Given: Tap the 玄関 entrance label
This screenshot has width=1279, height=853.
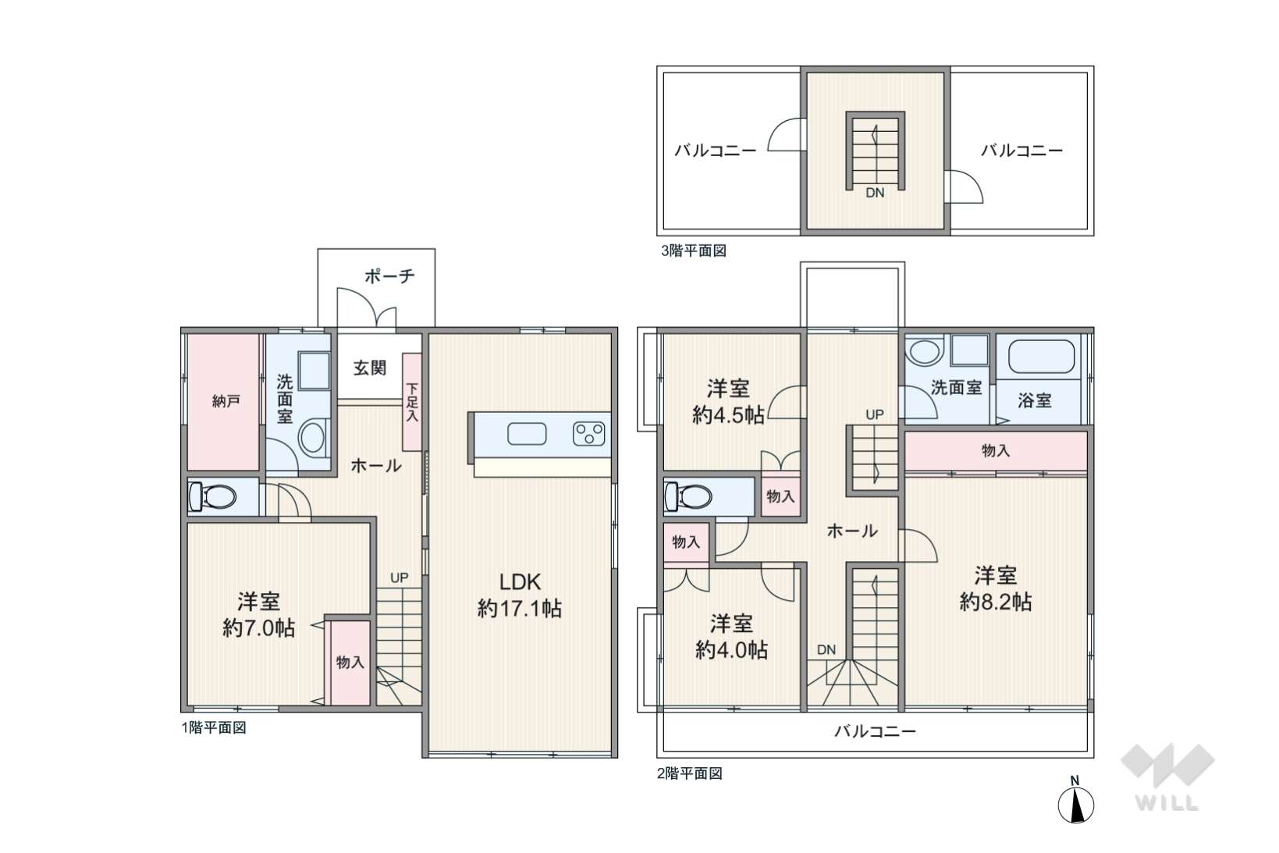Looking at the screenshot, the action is pos(369,368).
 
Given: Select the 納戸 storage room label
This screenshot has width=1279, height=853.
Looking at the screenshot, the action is pos(226,401).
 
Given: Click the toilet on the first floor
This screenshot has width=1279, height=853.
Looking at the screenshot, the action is pos(211,496).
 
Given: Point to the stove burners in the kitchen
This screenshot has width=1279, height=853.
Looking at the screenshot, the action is pos(588,433).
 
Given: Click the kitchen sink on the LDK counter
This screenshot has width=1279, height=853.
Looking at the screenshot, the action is pos(527,433).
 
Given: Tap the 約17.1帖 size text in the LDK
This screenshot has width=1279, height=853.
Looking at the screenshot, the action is pos(520,609).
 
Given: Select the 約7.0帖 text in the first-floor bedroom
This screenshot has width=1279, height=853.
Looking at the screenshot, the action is pos(258,628).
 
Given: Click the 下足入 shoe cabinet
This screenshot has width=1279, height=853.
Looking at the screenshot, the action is pos(412,402).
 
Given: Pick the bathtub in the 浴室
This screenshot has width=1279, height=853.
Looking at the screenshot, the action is pos(1041,357).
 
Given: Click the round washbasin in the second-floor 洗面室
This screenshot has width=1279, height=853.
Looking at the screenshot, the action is pos(925,352).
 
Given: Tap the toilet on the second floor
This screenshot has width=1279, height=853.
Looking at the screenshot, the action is pos(688,496).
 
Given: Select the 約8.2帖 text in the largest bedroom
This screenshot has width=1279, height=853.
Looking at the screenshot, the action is pos(996,603).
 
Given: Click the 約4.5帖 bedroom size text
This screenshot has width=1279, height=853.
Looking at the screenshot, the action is pos(728,415).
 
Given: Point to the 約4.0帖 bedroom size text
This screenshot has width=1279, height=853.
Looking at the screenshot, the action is pos(731,650).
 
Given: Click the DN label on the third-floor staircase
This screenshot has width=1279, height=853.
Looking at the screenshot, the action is pos(875,193).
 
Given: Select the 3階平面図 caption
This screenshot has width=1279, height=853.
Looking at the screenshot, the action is pos(694,251).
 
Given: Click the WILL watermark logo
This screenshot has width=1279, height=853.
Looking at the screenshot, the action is pos(1167,777).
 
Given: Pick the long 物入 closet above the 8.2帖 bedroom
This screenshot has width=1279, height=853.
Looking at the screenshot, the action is pos(996,451).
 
